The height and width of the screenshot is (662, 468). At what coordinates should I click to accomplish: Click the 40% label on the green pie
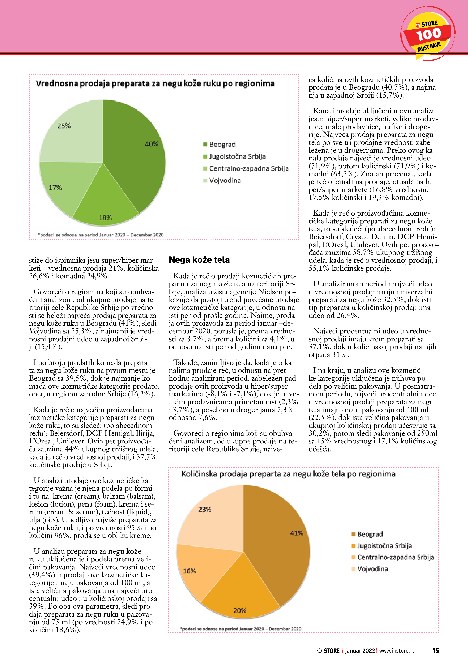point(151,144)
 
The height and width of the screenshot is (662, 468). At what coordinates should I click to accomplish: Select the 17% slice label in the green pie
point(55,188)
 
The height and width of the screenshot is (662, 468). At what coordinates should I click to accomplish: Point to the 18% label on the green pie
point(105,218)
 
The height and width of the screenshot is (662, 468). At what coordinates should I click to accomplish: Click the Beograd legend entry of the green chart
point(222,144)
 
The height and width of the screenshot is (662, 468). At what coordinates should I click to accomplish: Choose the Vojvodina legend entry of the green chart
point(225,180)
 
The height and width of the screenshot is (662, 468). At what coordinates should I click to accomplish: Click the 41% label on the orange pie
point(296,533)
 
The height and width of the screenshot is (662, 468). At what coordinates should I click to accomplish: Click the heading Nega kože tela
point(199,260)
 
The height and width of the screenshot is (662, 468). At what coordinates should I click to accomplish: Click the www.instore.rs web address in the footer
point(397,650)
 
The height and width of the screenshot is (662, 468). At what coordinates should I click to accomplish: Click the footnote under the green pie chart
point(101,235)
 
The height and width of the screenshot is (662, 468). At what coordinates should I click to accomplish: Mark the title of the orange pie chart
point(288,474)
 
